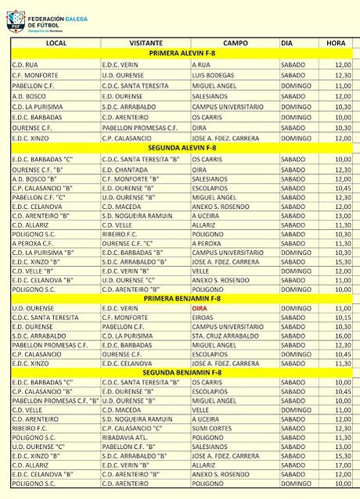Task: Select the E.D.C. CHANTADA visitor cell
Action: (x=125, y=169)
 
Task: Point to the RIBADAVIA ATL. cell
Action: (x=126, y=437)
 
